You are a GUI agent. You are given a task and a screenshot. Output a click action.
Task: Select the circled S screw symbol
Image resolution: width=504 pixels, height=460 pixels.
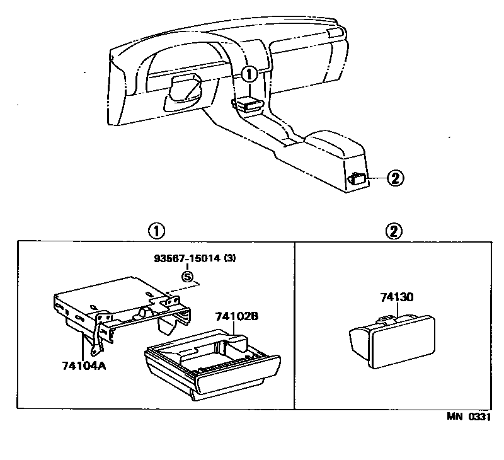186,275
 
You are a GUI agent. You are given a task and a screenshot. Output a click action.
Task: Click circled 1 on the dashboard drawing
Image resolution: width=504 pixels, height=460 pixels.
249,75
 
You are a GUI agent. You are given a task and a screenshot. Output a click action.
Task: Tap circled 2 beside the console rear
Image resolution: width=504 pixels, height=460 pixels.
394,178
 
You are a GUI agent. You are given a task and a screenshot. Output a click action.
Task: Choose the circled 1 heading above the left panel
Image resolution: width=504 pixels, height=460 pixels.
156,231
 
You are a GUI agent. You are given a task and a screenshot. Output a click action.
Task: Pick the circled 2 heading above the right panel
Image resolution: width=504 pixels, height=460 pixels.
393,231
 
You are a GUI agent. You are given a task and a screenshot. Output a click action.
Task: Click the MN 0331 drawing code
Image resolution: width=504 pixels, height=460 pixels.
468,417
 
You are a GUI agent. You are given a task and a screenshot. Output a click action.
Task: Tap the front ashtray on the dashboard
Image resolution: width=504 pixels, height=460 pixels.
248,105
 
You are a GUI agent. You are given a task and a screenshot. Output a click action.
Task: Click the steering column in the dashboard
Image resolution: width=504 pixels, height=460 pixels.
185,88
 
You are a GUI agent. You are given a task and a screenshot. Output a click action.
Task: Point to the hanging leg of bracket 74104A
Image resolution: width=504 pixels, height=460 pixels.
98,343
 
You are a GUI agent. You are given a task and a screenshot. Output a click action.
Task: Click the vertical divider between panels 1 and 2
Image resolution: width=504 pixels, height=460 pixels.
295,325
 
